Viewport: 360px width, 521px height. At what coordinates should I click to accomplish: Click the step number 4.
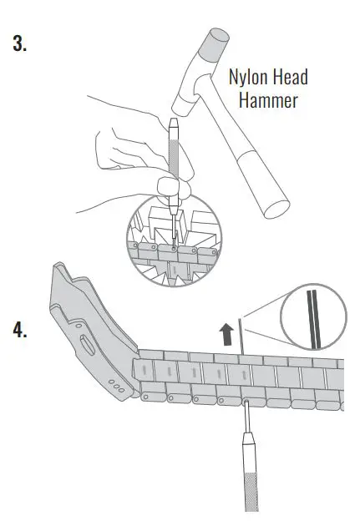coord(20,329)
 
